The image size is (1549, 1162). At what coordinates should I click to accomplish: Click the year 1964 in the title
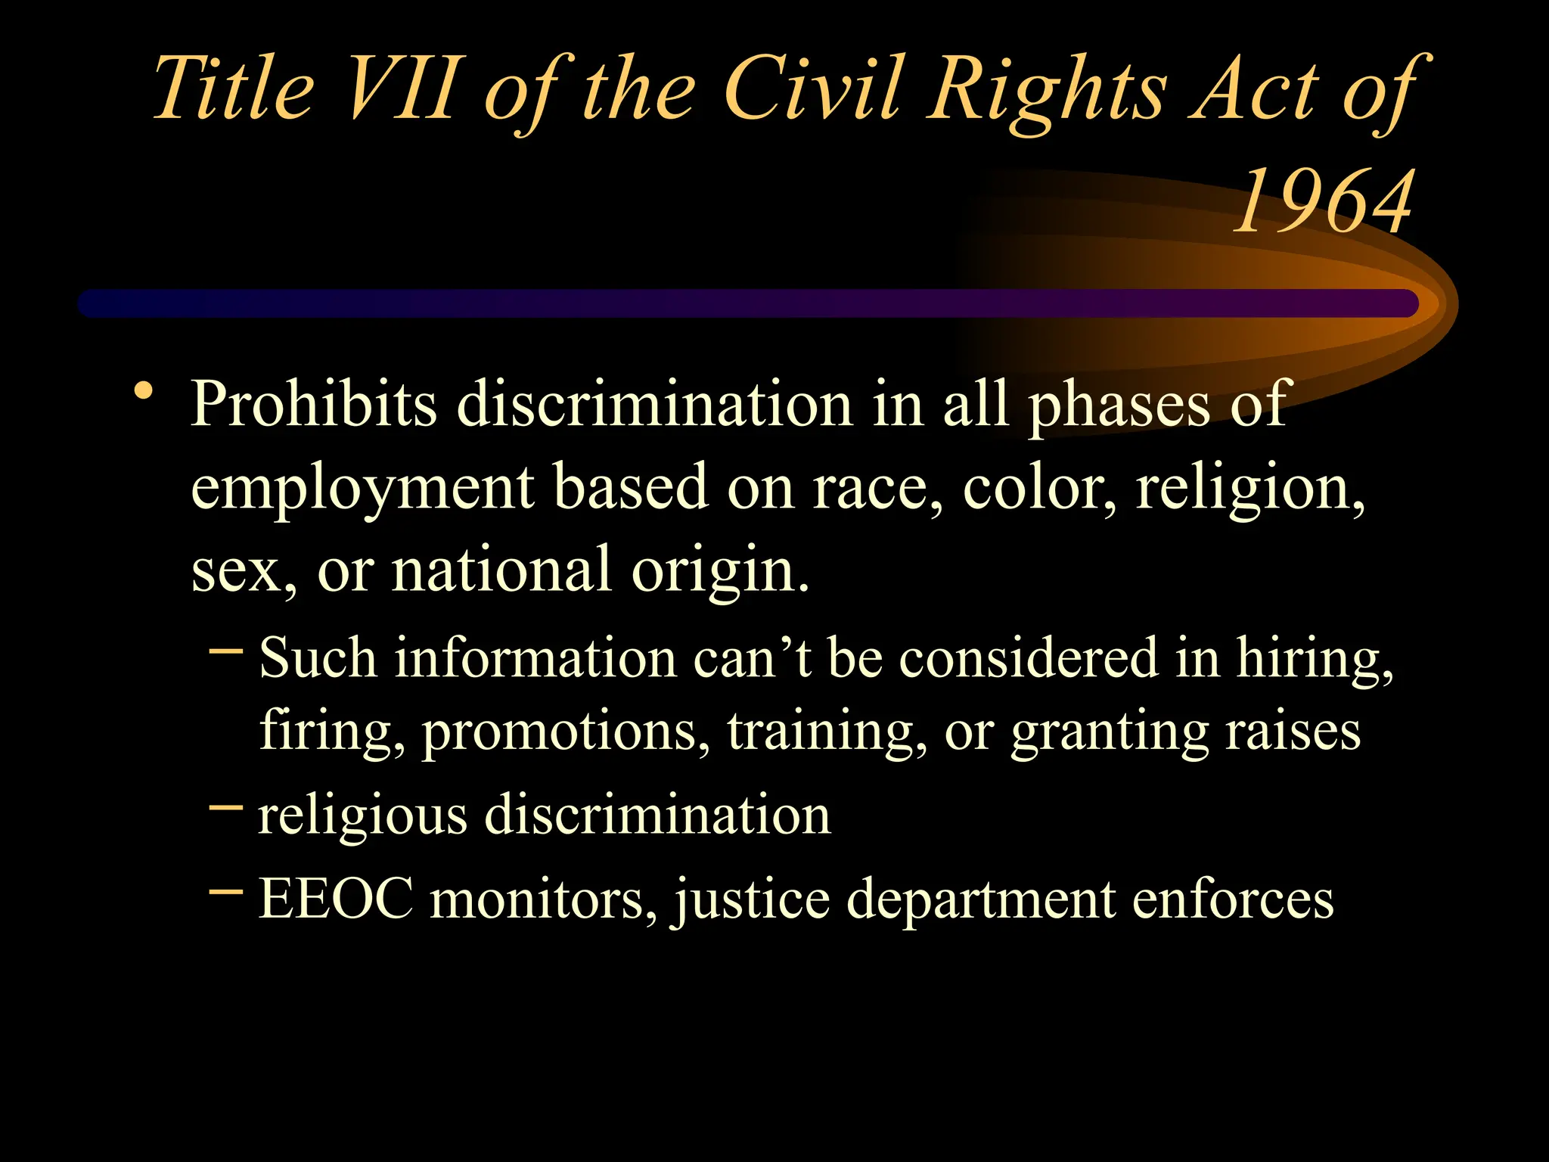tap(1323, 201)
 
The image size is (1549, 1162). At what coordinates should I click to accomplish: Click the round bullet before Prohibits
tap(143, 393)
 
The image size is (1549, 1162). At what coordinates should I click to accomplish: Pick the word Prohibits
tap(313, 405)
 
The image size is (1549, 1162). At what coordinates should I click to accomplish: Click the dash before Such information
tap(225, 649)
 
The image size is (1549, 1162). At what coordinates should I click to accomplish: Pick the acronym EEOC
tap(336, 898)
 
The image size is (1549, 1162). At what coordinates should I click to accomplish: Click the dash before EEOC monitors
tap(225, 890)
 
